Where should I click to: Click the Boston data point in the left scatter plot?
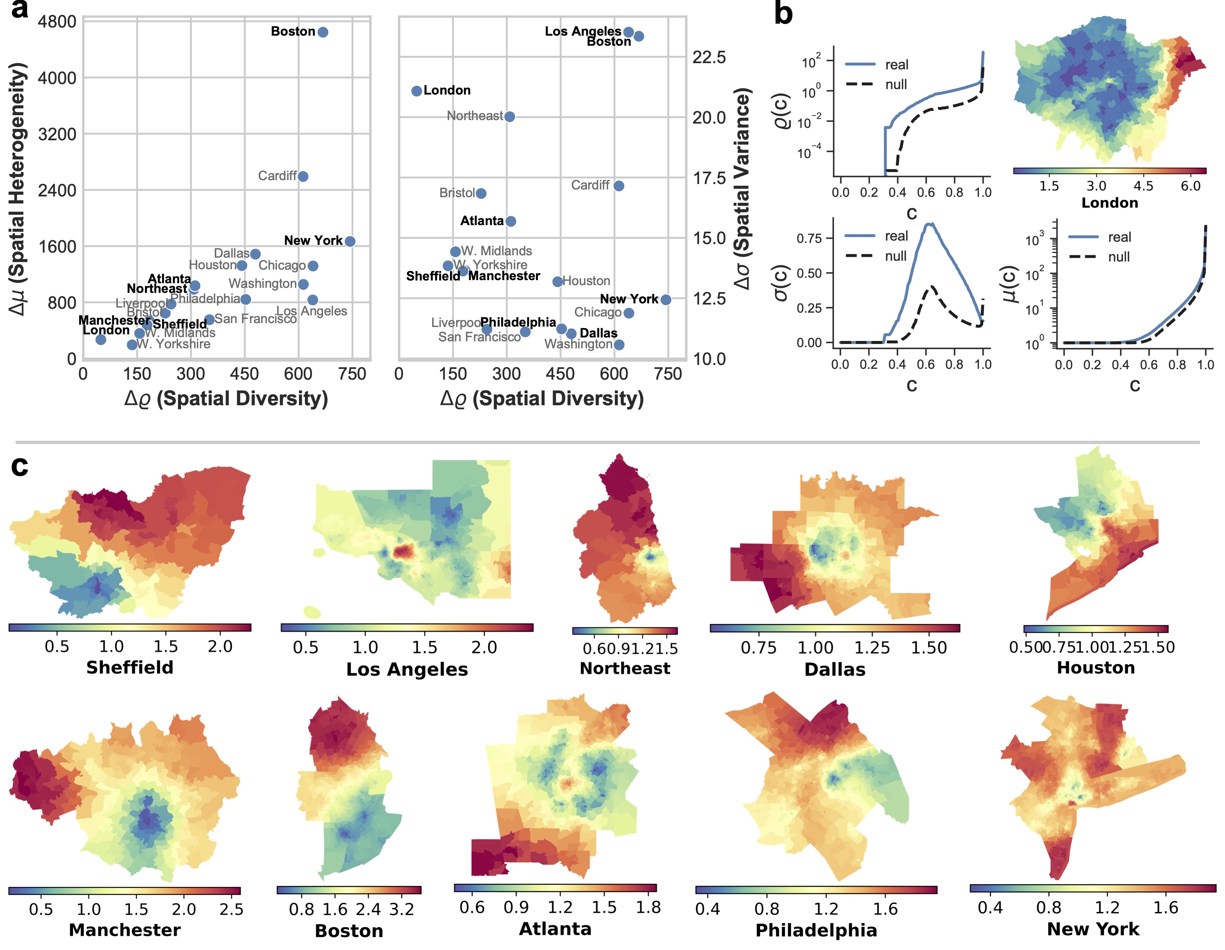pos(322,32)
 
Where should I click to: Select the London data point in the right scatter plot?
pos(416,91)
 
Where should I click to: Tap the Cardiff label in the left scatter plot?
pos(277,176)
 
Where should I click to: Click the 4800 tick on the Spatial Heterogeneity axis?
pos(57,22)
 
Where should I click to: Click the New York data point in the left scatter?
pos(350,241)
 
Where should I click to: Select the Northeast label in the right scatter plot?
pos(474,116)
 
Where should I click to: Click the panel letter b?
pos(783,14)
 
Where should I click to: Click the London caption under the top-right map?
pos(1110,203)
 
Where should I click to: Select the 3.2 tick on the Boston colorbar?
pos(401,909)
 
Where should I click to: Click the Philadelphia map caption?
pos(816,930)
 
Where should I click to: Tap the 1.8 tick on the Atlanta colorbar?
pos(648,907)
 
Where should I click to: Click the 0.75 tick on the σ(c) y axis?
pos(809,238)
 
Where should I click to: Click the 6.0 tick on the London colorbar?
pos(1190,186)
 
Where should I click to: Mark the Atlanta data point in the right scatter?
pos(510,221)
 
